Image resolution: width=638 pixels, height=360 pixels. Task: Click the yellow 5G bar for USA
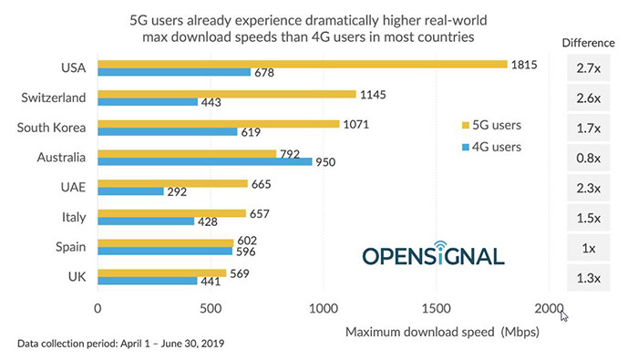[301, 64]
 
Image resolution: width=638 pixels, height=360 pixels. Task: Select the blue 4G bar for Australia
[204, 162]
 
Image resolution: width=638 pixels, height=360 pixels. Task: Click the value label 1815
[525, 64]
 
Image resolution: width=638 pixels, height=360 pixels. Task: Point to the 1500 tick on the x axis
[436, 308]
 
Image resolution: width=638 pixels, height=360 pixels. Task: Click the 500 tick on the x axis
[211, 308]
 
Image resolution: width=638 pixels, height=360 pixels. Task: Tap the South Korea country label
[52, 128]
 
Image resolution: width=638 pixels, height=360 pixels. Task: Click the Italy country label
[72, 217]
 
